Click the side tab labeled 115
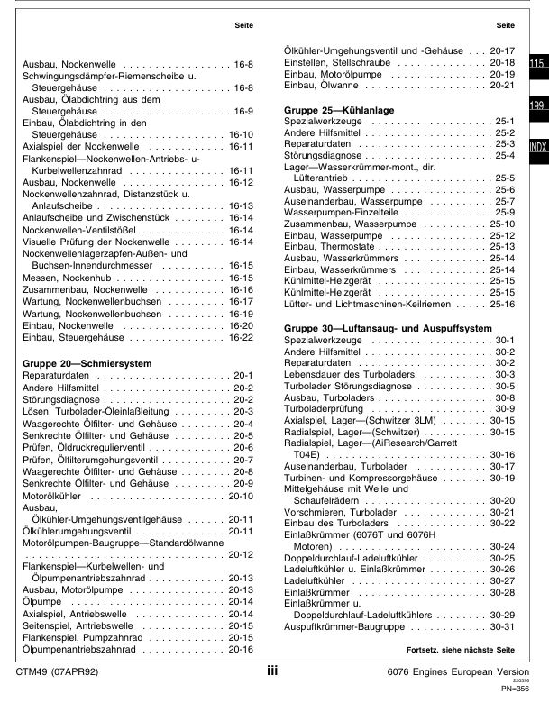pyautogui.click(x=537, y=64)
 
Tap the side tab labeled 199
pyautogui.click(x=537, y=106)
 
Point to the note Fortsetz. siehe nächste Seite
pyautogui.click(x=460, y=651)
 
